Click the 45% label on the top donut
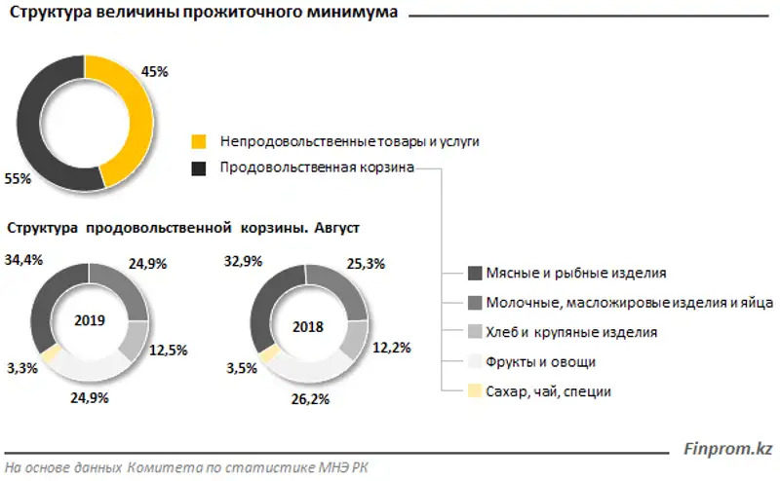[x=156, y=71]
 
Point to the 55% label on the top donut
[x=19, y=179]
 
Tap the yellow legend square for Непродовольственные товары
[x=199, y=141]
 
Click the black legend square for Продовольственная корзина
[x=199, y=167]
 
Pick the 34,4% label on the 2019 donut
[x=24, y=260]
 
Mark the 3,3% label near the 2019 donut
[x=22, y=368]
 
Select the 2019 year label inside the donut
[x=89, y=320]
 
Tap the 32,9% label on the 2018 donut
[x=244, y=261]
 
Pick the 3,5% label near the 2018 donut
[x=242, y=370]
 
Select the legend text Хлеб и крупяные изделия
[x=573, y=332]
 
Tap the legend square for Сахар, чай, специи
[x=475, y=391]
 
